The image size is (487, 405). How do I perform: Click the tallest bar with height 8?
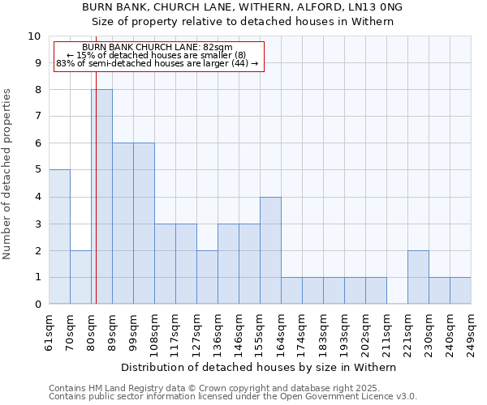point(101,197)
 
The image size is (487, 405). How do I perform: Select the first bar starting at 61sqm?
point(59,237)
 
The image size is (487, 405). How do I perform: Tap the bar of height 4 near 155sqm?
point(270,250)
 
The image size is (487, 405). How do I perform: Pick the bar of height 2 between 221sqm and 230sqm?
point(418,277)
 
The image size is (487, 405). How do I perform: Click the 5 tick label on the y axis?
point(37,170)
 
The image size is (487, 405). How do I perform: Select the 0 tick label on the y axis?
point(37,305)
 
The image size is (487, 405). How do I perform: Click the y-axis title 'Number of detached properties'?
point(8,174)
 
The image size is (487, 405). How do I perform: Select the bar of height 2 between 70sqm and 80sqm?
point(80,277)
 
